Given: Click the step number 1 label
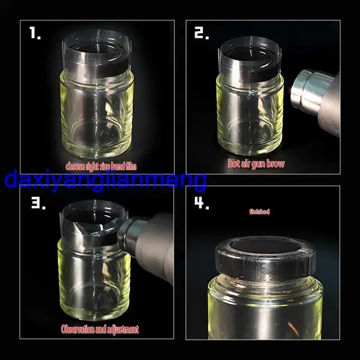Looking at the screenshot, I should coord(35,34).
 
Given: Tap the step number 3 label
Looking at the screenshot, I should coord(38,203).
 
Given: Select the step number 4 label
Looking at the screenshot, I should coord(201,203).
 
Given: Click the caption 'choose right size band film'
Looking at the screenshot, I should coord(101,166).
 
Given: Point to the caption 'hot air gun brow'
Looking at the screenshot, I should coord(256,164).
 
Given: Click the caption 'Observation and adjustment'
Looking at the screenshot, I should coord(99,329).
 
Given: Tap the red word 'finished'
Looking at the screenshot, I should coord(259,212).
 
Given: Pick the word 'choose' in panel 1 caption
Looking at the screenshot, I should coord(75,166).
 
